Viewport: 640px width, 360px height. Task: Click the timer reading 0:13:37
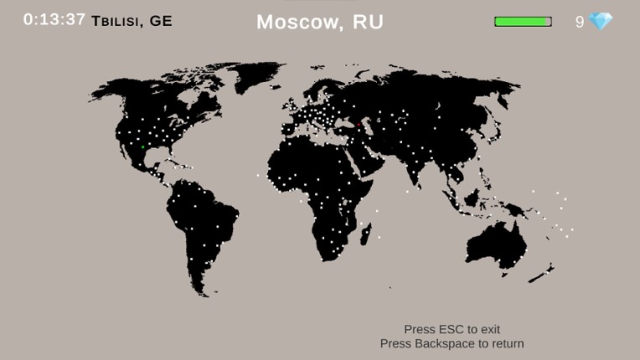coord(54,19)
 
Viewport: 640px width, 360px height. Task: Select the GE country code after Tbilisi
coord(161,21)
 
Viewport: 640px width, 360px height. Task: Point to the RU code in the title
coord(368,23)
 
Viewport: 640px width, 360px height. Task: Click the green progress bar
coord(523,22)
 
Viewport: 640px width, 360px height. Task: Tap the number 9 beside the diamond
coord(580,23)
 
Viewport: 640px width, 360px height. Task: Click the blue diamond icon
coord(601,22)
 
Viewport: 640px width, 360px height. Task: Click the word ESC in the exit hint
coord(452,330)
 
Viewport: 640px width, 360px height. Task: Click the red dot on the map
coord(359,125)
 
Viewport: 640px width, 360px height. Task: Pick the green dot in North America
coord(144,147)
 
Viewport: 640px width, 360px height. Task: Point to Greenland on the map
coord(255,80)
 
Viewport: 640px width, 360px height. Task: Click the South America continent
coord(201,226)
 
